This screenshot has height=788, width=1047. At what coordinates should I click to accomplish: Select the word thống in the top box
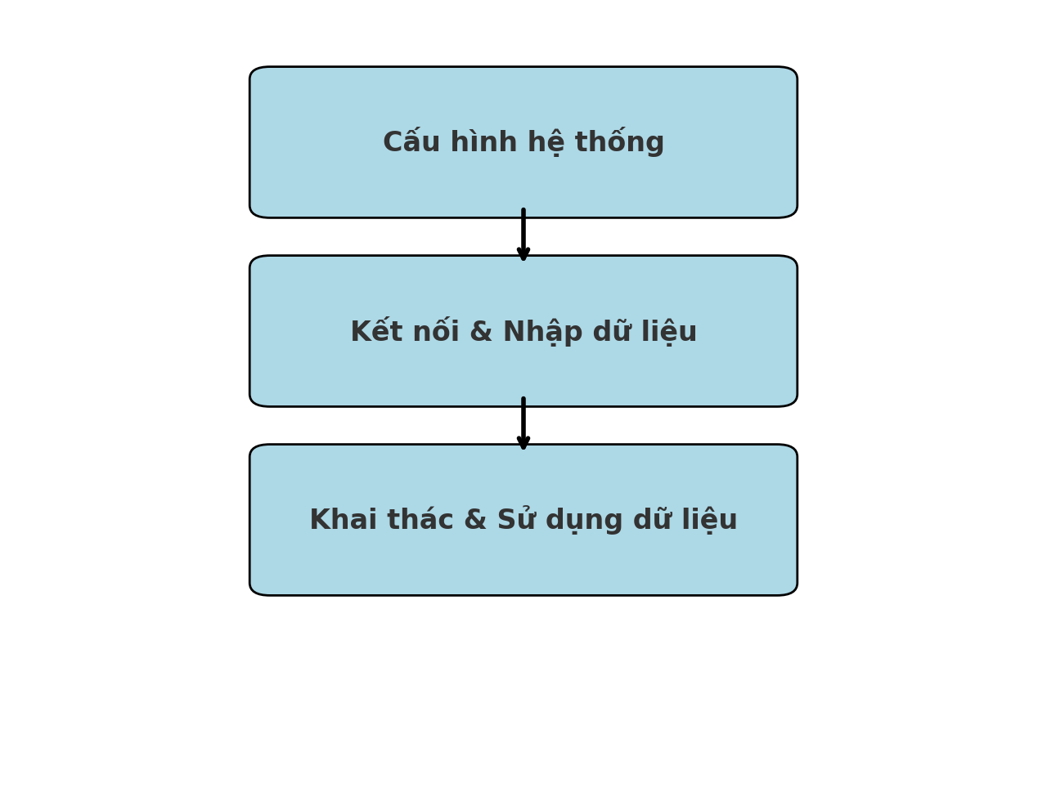tap(619, 143)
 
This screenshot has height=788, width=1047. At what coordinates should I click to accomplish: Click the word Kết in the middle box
tap(376, 332)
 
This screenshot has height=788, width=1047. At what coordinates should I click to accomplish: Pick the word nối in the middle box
tap(434, 332)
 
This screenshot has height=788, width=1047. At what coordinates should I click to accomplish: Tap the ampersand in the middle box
tap(481, 332)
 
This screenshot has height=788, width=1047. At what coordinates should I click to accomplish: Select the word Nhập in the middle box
tap(541, 332)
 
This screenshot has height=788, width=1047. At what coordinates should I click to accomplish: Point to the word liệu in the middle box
tap(668, 332)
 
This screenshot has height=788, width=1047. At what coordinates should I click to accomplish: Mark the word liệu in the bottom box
tap(709, 521)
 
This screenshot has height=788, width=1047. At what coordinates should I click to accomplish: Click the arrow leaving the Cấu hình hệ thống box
tap(523, 235)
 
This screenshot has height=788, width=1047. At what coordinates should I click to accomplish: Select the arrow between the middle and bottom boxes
tap(523, 423)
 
